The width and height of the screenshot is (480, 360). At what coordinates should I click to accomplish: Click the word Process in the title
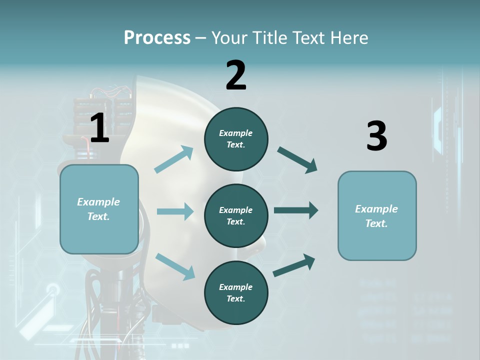157,37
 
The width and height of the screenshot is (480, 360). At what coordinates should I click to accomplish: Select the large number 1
99,128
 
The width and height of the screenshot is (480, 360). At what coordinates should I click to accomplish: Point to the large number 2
236,75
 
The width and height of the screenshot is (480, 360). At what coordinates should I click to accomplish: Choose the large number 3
376,136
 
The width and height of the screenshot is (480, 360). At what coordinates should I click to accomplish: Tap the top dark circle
236,139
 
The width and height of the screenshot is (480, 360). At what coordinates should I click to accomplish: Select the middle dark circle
236,215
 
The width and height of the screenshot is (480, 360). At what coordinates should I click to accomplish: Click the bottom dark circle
236,292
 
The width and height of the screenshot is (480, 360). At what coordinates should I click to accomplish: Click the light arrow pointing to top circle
174,159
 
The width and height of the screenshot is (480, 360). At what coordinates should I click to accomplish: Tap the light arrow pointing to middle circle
175,211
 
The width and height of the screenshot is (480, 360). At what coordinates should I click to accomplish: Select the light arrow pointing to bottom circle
175,266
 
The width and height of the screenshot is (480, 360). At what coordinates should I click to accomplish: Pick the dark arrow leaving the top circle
297,159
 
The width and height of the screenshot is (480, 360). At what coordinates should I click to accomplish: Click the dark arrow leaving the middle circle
296,210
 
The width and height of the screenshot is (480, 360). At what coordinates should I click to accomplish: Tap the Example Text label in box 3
376,216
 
